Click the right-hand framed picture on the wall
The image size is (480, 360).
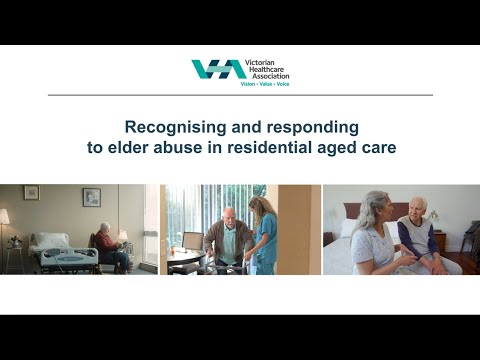91,197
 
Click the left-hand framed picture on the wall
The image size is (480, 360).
31,192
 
